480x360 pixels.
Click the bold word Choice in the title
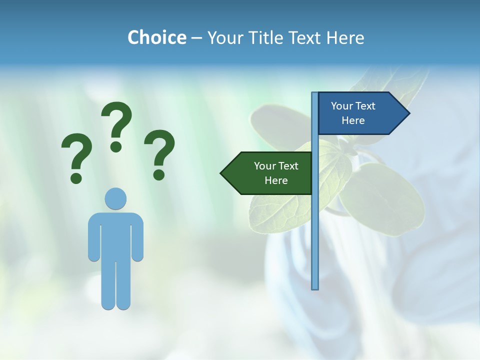coord(156,37)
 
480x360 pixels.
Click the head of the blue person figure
coord(115,199)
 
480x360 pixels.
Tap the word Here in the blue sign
coord(353,120)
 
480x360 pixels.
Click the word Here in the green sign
coord(276,180)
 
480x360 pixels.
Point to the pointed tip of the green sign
coord(222,173)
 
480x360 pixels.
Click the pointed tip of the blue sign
coord(408,113)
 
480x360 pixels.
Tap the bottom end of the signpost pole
coord(315,287)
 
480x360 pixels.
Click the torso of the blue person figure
coord(115,235)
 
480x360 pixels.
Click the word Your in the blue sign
coord(342,106)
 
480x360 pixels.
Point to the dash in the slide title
coord(196,38)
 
